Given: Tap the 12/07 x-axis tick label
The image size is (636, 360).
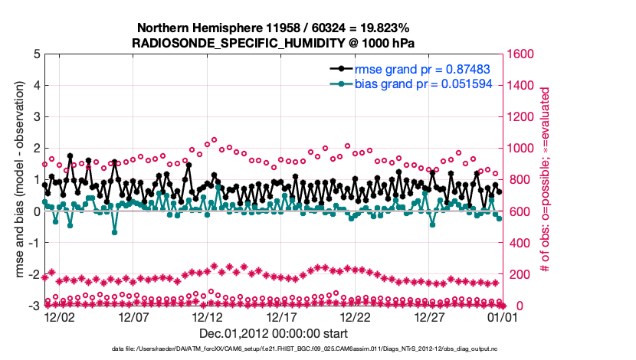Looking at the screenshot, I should point(133,316).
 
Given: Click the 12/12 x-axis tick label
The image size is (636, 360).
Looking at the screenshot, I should point(208,316).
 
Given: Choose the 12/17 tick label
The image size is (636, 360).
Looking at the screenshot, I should point(282,316).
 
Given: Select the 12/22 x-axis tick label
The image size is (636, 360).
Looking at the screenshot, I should point(356,316).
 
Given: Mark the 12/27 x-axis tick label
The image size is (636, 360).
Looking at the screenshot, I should point(431,316).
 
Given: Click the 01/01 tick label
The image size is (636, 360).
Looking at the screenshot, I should point(503,316).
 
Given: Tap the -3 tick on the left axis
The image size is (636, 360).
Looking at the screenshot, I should point(34,306).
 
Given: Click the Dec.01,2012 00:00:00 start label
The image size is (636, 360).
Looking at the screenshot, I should point(273,333).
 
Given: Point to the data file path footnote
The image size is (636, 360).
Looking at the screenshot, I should point(272,349).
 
